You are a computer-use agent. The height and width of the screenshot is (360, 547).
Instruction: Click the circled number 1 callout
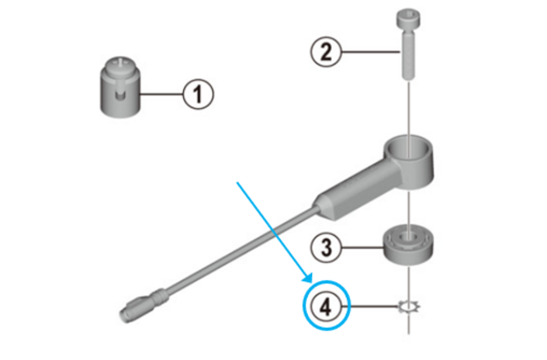[198, 95]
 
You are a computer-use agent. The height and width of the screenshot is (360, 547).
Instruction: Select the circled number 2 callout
[326, 52]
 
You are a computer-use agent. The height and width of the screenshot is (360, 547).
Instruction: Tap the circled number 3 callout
[326, 247]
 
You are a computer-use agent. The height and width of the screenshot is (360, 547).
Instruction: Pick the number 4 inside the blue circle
[326, 307]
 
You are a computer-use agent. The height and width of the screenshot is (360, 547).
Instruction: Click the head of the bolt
[408, 20]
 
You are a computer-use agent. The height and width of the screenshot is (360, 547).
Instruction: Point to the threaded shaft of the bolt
[408, 55]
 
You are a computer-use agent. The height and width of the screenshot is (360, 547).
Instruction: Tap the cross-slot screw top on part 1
[121, 63]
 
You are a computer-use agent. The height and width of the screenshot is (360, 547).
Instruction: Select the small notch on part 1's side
[121, 95]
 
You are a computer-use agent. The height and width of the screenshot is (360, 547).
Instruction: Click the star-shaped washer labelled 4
[409, 307]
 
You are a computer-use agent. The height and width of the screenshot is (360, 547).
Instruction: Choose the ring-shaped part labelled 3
[408, 245]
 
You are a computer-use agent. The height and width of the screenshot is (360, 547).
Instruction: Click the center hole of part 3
[408, 237]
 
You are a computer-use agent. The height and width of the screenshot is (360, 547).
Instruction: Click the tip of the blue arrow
[311, 282]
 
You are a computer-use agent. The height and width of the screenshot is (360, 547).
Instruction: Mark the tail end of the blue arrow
[237, 182]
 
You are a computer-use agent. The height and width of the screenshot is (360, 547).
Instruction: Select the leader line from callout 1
[162, 94]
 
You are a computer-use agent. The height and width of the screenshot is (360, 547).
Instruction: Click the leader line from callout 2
[370, 52]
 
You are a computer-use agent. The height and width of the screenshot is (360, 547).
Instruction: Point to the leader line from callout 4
[375, 307]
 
